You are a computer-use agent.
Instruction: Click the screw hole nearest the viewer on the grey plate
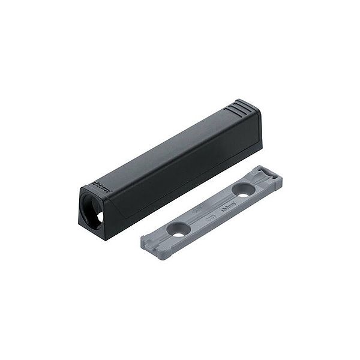(178, 230)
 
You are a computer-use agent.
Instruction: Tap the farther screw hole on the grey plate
(242, 190)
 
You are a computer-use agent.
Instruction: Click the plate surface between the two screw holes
(210, 210)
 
